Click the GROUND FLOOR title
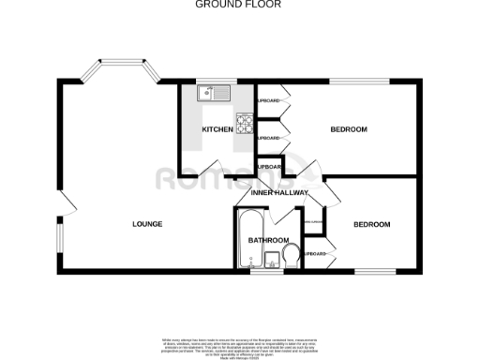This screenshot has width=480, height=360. (x=238, y=5)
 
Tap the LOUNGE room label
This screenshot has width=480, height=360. (x=147, y=224)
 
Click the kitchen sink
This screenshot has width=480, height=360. (x=213, y=94)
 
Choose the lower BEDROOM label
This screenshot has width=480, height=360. (x=371, y=225)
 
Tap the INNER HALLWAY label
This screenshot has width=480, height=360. (x=279, y=193)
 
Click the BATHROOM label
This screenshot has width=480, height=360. (x=267, y=241)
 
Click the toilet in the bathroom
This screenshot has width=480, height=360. (x=291, y=253)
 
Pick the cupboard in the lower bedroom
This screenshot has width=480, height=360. (x=317, y=253)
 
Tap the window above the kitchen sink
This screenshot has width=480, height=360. (x=213, y=82)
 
